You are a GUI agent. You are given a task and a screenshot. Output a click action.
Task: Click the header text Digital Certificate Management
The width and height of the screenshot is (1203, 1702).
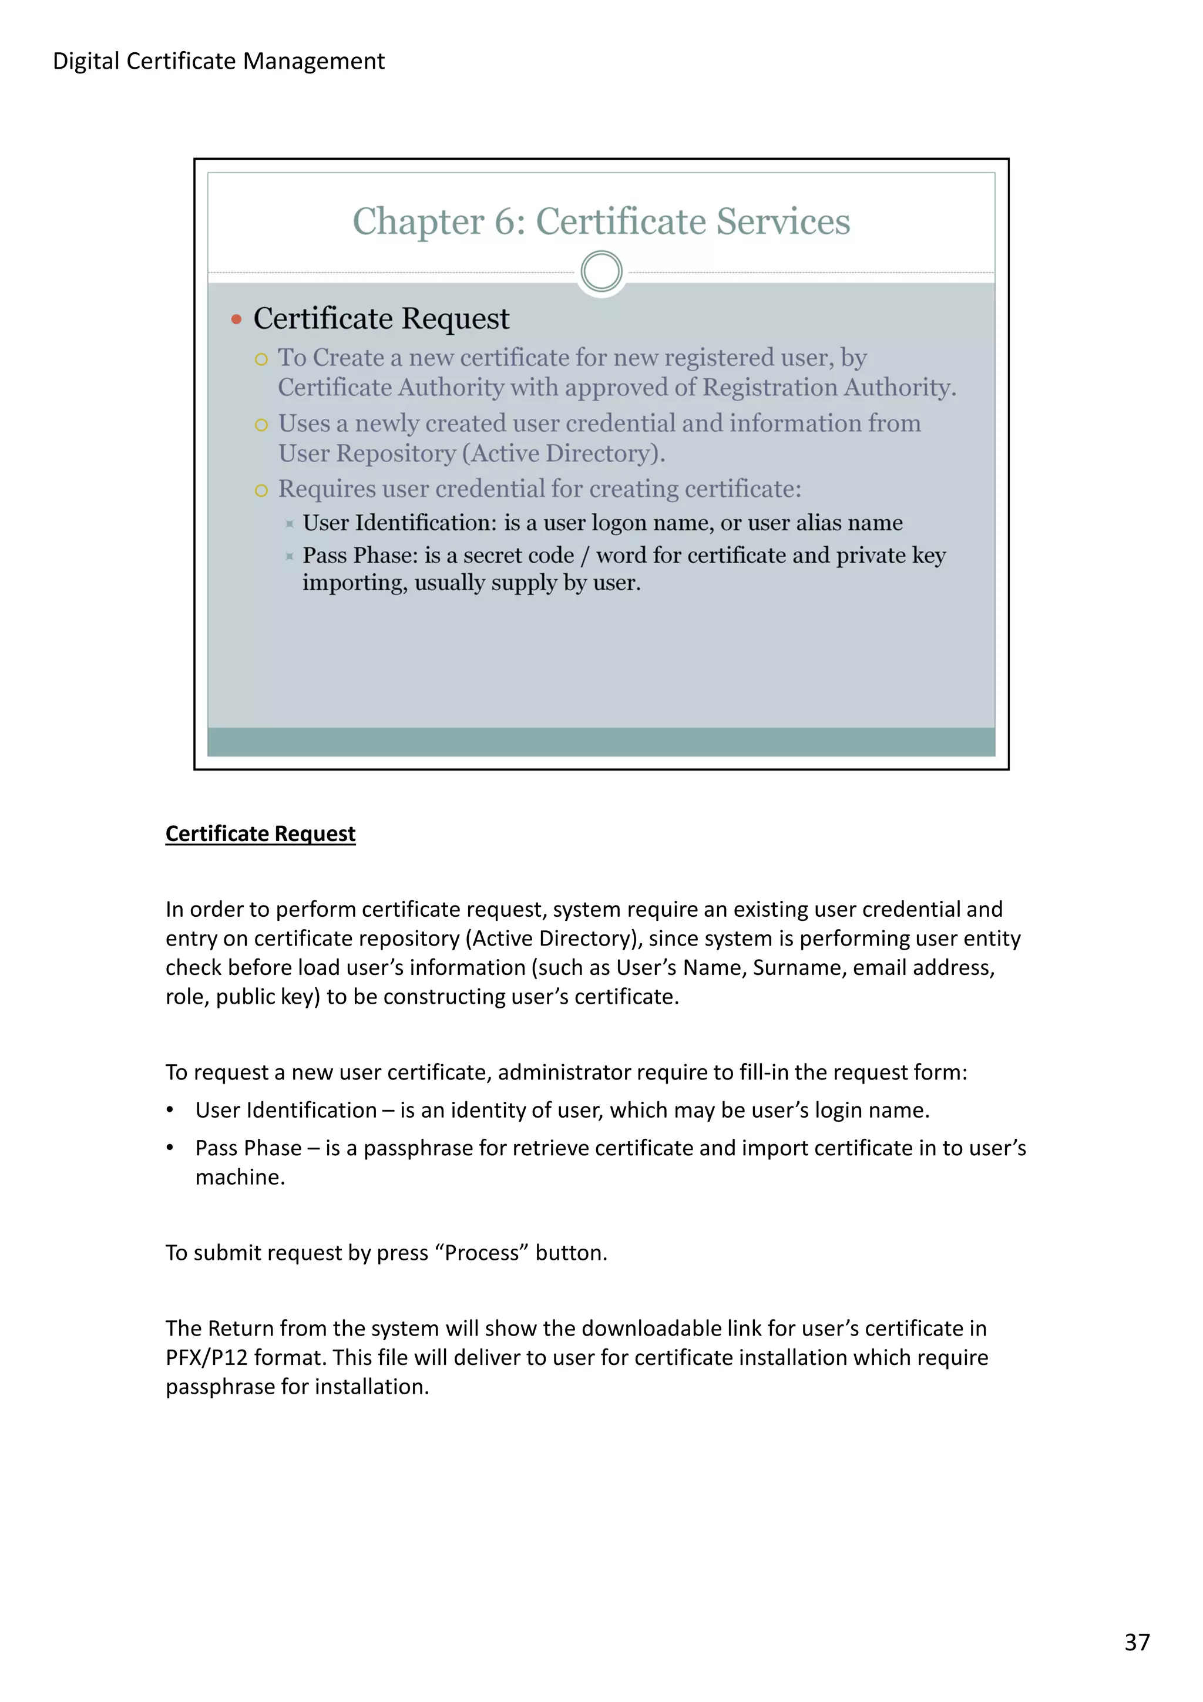[x=219, y=61]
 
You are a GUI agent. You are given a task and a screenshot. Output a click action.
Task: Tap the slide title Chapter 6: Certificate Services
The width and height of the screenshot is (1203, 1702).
[x=600, y=221]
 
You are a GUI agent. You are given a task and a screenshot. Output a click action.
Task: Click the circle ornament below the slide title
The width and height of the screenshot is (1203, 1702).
[x=601, y=271]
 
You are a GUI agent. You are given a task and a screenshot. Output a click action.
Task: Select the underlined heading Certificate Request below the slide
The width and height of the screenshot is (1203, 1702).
[x=260, y=833]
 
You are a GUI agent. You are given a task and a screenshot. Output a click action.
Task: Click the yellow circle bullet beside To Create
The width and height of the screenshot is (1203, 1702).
[x=261, y=359]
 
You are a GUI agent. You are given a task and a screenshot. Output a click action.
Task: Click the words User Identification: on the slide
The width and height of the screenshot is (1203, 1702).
[x=399, y=523]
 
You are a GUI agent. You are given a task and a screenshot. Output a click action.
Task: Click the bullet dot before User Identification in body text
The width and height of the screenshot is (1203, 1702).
[x=170, y=1111]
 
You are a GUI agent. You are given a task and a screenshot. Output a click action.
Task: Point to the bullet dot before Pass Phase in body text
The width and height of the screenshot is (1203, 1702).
[x=170, y=1148]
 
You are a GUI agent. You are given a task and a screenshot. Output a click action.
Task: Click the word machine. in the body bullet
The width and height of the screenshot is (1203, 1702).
[x=240, y=1176]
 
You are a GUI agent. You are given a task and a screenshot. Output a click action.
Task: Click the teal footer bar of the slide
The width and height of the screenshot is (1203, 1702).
[x=600, y=741]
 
